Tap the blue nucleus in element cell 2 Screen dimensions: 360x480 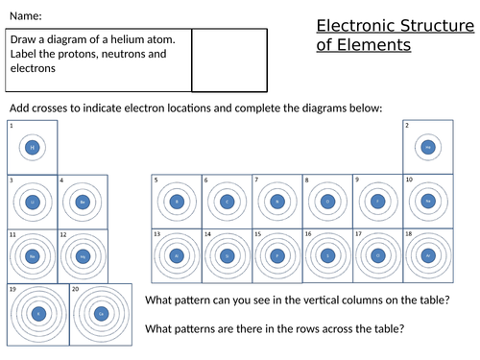click(428, 147)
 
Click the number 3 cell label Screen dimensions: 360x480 click(10, 180)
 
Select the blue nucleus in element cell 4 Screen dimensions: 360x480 click(84, 203)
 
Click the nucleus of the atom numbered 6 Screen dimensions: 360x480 click(228, 202)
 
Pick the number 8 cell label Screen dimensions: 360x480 click(306, 180)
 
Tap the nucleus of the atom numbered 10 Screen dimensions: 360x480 click(428, 202)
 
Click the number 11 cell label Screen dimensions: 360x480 click(12, 234)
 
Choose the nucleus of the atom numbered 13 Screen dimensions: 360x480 click(177, 255)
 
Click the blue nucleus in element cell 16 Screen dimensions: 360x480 click(328, 255)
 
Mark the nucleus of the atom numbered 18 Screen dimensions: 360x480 click(428, 255)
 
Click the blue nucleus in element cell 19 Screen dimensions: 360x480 click(38, 314)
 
